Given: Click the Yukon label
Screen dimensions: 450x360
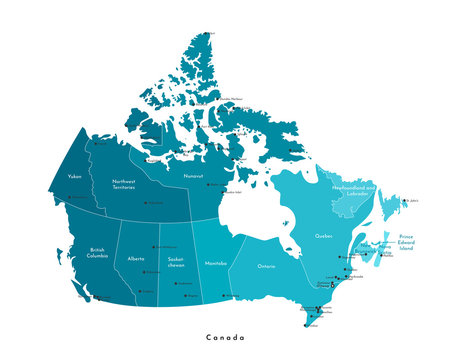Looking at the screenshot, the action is coord(74,176).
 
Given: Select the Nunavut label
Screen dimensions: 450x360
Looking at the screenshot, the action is coord(194,175).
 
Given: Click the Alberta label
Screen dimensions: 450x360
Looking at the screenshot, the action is coord(136,258).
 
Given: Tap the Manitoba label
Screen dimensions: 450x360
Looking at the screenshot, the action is coord(215,262).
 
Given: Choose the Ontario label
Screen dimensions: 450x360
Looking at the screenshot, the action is coord(266,267).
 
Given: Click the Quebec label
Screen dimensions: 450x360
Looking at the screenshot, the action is coord(323,237).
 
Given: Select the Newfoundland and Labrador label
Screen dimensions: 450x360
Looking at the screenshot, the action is coord(354,189).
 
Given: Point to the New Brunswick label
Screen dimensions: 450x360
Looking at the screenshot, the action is coord(366,247).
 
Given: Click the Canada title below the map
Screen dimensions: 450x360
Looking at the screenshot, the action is coord(225,337).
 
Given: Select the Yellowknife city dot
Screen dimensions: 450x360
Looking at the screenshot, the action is coord(146,203).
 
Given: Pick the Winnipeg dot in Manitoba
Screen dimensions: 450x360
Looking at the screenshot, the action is coord(227,295).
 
